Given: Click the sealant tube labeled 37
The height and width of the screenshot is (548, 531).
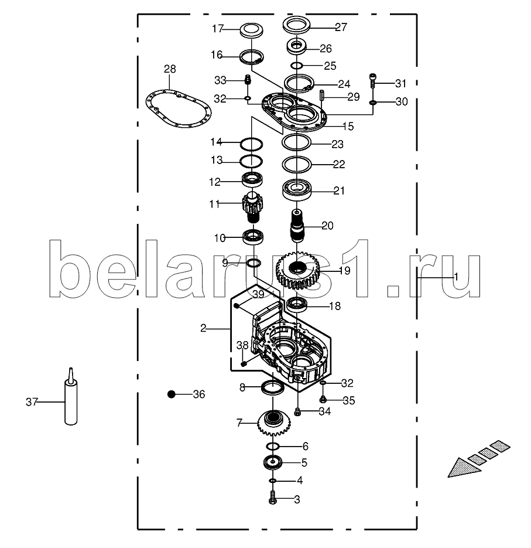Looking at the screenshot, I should [x=70, y=401].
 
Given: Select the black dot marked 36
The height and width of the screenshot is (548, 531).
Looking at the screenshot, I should [x=172, y=394].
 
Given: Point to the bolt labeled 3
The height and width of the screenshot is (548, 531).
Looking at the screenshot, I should [x=273, y=500].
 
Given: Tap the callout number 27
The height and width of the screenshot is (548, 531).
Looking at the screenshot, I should [x=341, y=26].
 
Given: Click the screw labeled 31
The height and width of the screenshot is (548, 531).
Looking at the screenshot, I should [x=372, y=79].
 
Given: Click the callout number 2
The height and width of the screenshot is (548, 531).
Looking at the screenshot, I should [x=203, y=328].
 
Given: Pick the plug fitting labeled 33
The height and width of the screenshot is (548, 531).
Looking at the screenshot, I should [x=247, y=79].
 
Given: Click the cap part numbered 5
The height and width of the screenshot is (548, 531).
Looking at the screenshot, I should [x=273, y=462].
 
